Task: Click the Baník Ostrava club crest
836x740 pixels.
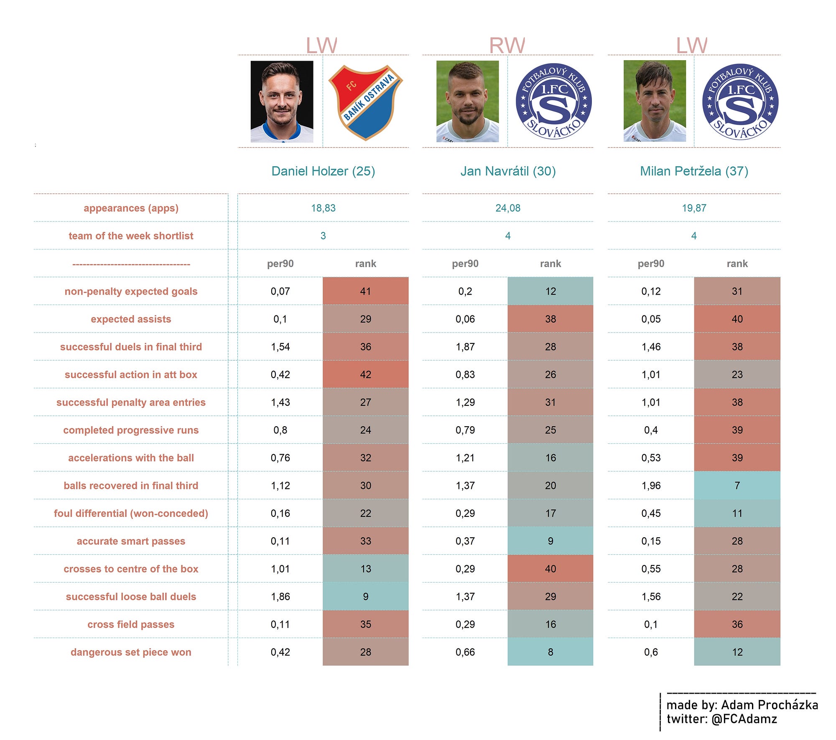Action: pos(366,102)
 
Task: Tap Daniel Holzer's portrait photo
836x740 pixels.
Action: pos(282,102)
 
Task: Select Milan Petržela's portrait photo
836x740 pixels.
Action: pos(655,101)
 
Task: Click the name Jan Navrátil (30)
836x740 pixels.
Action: pos(508,171)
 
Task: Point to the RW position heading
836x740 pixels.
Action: pos(507,46)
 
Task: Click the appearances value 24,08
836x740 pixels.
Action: pos(508,208)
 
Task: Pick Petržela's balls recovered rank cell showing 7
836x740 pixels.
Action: pos(737,486)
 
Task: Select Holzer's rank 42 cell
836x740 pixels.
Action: pos(365,374)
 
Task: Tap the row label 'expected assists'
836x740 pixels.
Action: pos(131,319)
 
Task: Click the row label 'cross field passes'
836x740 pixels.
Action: pos(131,624)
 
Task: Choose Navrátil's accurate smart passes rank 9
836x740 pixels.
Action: pos(551,541)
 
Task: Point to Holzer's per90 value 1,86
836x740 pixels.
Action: pos(280,597)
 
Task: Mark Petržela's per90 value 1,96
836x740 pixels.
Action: pos(651,486)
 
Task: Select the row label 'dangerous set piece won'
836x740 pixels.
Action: pos(131,652)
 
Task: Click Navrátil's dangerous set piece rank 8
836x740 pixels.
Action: pos(551,652)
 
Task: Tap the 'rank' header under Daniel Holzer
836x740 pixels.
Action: pos(365,264)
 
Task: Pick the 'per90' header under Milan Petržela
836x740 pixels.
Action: pos(651,264)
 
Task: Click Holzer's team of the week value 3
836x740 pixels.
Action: pos(323,236)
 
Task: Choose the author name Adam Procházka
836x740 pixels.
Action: pos(770,705)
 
